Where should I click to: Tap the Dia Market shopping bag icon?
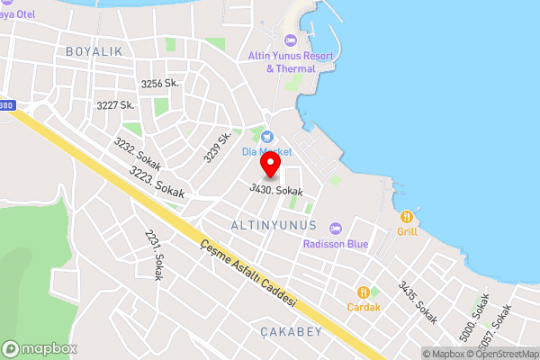point(267,136)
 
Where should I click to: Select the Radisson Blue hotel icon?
point(336,229)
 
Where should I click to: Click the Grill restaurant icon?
point(408,216)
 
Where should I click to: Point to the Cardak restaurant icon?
point(364,292)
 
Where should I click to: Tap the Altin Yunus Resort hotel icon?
point(290,40)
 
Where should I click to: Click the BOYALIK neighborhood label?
point(94,52)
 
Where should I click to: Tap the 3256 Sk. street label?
point(159,84)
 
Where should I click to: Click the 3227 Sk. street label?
point(115,105)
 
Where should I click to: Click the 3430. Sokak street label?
point(276,191)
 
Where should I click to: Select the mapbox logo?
point(39,348)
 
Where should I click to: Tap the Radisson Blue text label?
point(336,244)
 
